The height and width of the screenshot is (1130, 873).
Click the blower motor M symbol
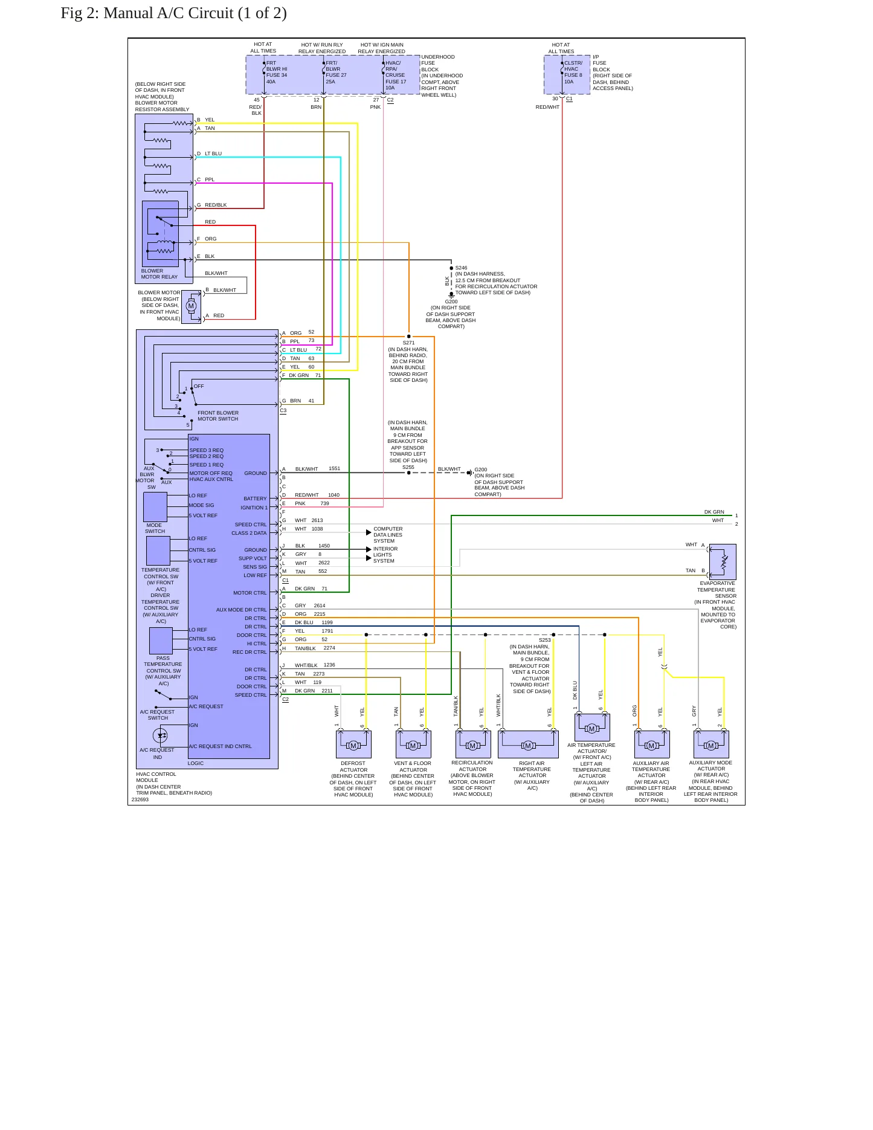[192, 306]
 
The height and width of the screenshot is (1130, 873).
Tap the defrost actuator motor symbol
[353, 746]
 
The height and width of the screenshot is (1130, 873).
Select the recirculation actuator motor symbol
[472, 746]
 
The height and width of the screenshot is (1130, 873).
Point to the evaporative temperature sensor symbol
[723, 562]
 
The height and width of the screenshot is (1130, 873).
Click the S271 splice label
[408, 343]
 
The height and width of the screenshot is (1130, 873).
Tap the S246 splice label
[461, 268]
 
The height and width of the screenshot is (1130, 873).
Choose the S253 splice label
[544, 640]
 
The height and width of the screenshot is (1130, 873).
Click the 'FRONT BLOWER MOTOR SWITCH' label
[218, 416]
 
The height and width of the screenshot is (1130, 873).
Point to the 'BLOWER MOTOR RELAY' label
[159, 274]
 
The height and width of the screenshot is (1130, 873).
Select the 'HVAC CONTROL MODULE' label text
[156, 777]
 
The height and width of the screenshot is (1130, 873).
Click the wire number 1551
[334, 468]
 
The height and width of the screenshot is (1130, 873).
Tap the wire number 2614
[320, 605]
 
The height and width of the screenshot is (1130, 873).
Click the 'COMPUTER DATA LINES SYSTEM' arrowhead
[369, 532]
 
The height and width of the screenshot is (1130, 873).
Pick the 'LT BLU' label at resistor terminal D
[213, 153]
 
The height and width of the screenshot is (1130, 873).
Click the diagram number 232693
[140, 799]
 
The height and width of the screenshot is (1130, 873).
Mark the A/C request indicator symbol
[160, 735]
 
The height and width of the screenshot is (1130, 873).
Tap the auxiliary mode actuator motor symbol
[711, 746]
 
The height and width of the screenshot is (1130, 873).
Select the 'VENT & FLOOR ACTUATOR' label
[413, 766]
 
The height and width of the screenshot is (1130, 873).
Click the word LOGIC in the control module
[196, 763]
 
